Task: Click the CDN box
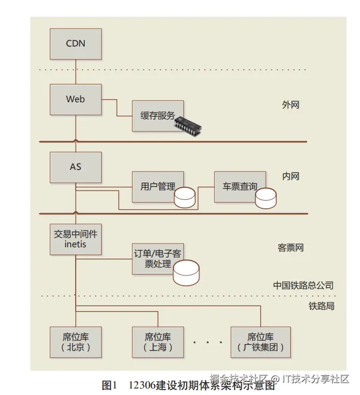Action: pos(76,43)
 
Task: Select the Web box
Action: pos(76,99)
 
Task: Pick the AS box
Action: pos(76,167)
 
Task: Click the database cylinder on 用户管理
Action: pos(184,198)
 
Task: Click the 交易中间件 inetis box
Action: pos(76,239)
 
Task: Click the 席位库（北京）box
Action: pos(76,341)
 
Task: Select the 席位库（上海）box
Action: pos(158,341)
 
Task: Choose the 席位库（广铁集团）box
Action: pos(261,341)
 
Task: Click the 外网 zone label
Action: pos(290,105)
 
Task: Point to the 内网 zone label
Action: pos(290,176)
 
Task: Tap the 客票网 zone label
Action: pos(291,248)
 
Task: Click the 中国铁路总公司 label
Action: pos(303,285)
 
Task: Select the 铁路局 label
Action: pos(322,306)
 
